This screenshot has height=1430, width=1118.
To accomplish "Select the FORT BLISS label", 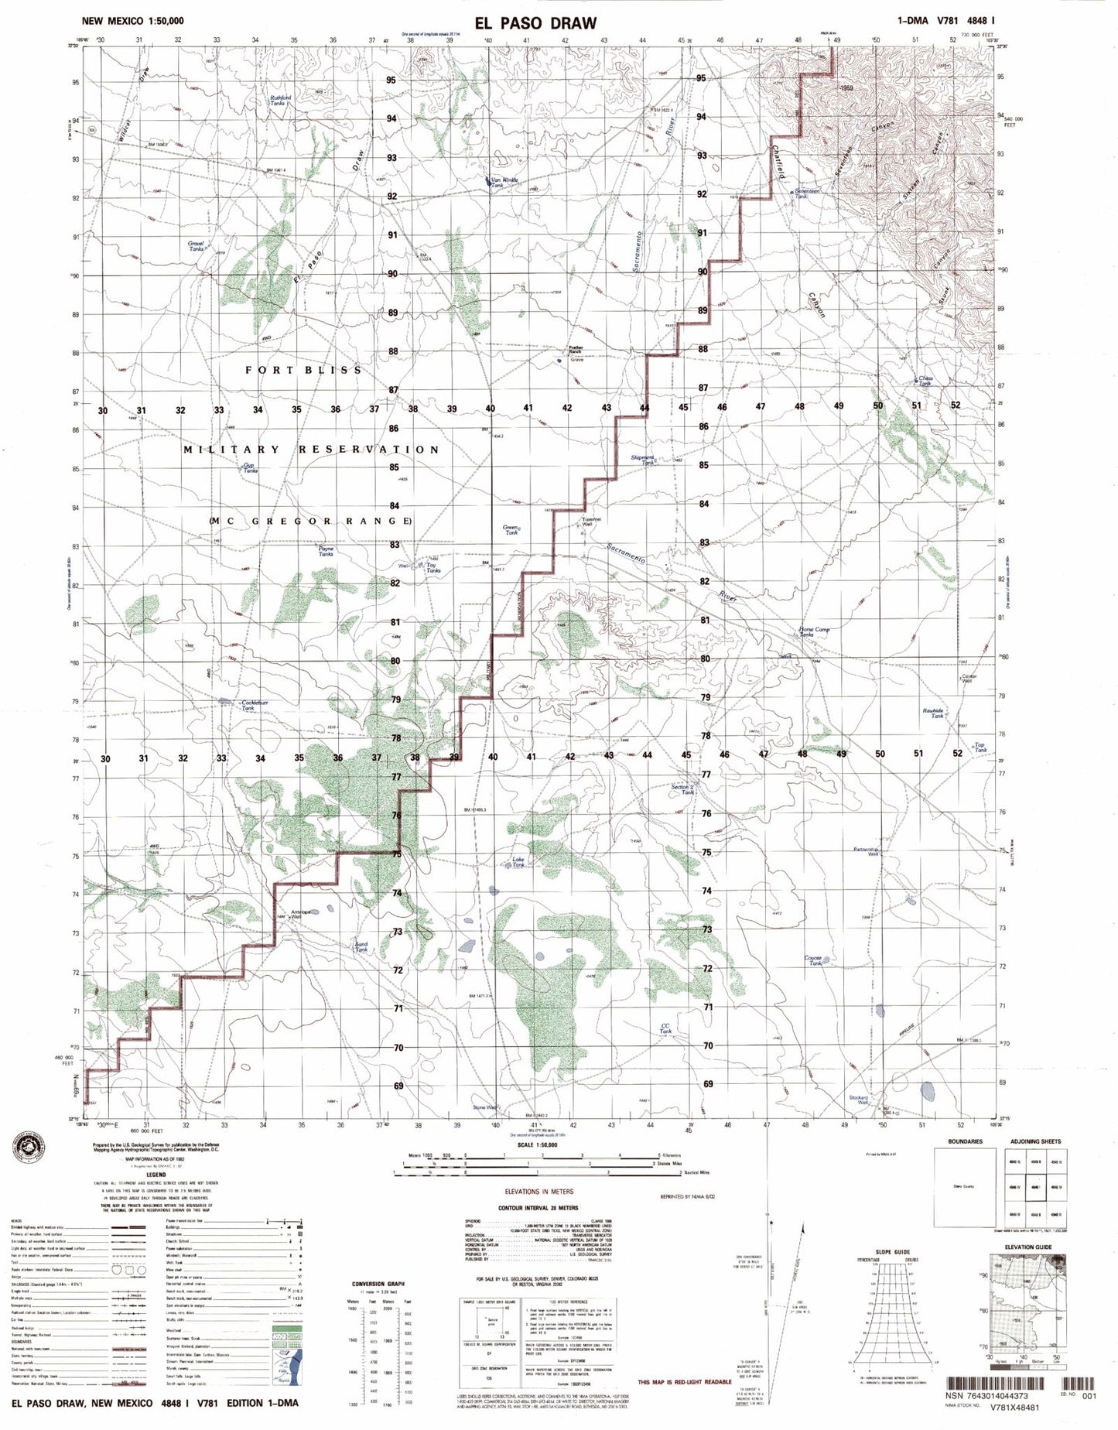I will pos(303,370).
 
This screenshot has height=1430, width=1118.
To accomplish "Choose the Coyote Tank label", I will pos(813,960).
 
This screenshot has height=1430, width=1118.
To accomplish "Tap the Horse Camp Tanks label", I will pos(814,631).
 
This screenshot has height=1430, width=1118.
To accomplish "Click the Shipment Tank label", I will pos(642,460).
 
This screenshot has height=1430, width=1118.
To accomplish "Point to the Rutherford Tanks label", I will pos(280,100).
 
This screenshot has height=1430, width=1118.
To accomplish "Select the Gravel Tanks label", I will pos(196,246).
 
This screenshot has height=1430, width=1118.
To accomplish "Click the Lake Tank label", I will pos(518,861).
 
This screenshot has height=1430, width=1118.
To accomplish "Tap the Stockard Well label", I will pos(858,1100).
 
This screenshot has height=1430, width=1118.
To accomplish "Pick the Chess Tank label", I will pos(925,381).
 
